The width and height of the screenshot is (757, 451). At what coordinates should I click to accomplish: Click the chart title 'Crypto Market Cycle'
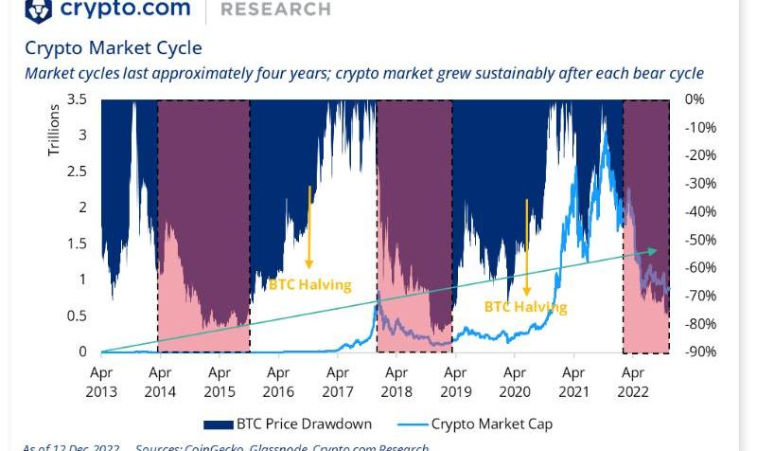[114, 47]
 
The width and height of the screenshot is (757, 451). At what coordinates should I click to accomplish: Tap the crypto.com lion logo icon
[38, 9]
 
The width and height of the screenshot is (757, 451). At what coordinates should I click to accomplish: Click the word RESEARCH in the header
[275, 9]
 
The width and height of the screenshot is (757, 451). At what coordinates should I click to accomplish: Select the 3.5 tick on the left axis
[79, 99]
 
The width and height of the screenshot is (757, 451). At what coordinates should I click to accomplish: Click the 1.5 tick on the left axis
[79, 244]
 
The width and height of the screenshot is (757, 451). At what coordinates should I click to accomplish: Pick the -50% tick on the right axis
[700, 240]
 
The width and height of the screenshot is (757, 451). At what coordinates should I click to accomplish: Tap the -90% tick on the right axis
[700, 352]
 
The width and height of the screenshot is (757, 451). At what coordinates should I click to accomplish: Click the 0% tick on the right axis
[695, 99]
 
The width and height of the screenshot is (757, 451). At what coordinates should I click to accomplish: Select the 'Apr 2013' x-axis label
[101, 383]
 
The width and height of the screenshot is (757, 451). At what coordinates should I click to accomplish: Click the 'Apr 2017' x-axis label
[338, 383]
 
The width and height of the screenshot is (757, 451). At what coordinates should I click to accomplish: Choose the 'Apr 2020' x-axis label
[515, 383]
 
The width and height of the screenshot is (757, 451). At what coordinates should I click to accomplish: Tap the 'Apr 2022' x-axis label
[633, 383]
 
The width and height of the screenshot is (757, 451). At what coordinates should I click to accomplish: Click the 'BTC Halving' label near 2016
[309, 284]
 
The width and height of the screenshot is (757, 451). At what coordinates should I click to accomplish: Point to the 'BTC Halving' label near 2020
[525, 307]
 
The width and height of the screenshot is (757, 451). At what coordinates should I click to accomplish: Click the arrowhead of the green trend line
[652, 250]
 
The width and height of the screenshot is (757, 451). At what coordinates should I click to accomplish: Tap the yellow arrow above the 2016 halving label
[309, 227]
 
